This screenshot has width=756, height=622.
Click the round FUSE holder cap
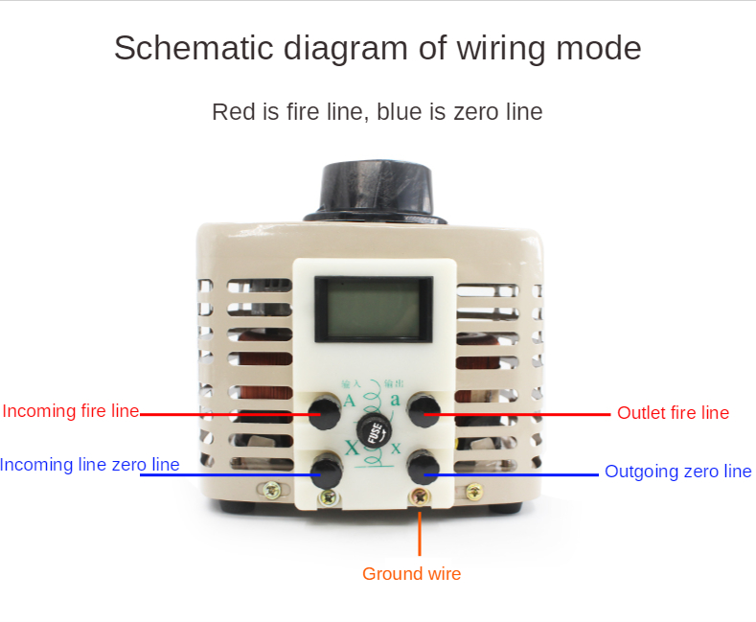374,430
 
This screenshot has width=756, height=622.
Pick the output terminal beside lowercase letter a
423,412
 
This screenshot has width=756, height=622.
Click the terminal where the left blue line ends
327,470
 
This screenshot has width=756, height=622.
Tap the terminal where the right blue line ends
423,468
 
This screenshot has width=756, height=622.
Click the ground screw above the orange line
420,496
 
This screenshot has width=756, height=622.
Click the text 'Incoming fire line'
71,411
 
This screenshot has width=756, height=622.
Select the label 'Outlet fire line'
673,413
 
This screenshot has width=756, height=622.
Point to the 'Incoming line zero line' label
89,465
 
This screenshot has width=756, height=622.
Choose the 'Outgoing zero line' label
677,472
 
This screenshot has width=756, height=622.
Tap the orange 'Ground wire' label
411,574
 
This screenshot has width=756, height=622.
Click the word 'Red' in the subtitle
233,112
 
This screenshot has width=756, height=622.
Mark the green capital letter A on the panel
349,401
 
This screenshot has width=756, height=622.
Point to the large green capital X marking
352,448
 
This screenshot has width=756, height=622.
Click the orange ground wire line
420,532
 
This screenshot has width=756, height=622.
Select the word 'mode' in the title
602,48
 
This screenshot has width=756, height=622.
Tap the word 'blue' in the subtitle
401,112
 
